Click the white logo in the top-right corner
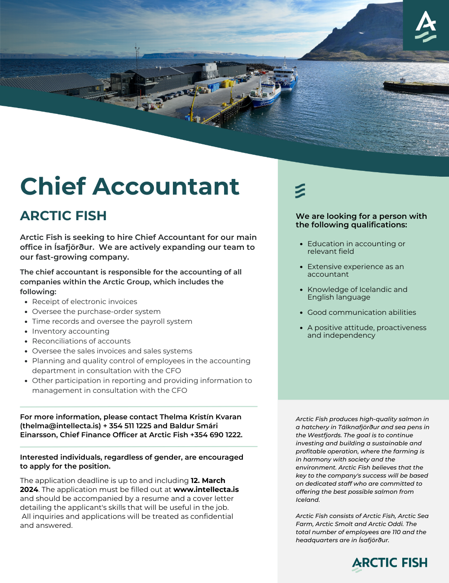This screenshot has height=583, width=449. tap(426, 26)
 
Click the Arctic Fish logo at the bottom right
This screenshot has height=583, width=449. tap(389, 563)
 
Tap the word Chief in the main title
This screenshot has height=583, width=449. tap(53, 187)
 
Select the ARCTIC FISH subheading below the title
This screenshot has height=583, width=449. tap(63, 216)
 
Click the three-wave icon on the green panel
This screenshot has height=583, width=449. tap(300, 191)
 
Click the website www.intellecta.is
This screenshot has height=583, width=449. tap(206, 489)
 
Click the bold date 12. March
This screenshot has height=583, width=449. tap(208, 480)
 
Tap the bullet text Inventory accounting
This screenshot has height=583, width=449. tap(70, 331)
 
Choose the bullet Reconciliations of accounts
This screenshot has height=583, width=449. tap(81, 341)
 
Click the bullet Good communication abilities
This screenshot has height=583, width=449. tap(361, 313)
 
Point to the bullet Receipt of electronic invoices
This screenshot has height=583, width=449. tap(84, 302)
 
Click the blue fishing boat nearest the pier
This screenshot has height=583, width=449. tap(265, 94)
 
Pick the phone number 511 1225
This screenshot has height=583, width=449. tap(130, 426)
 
